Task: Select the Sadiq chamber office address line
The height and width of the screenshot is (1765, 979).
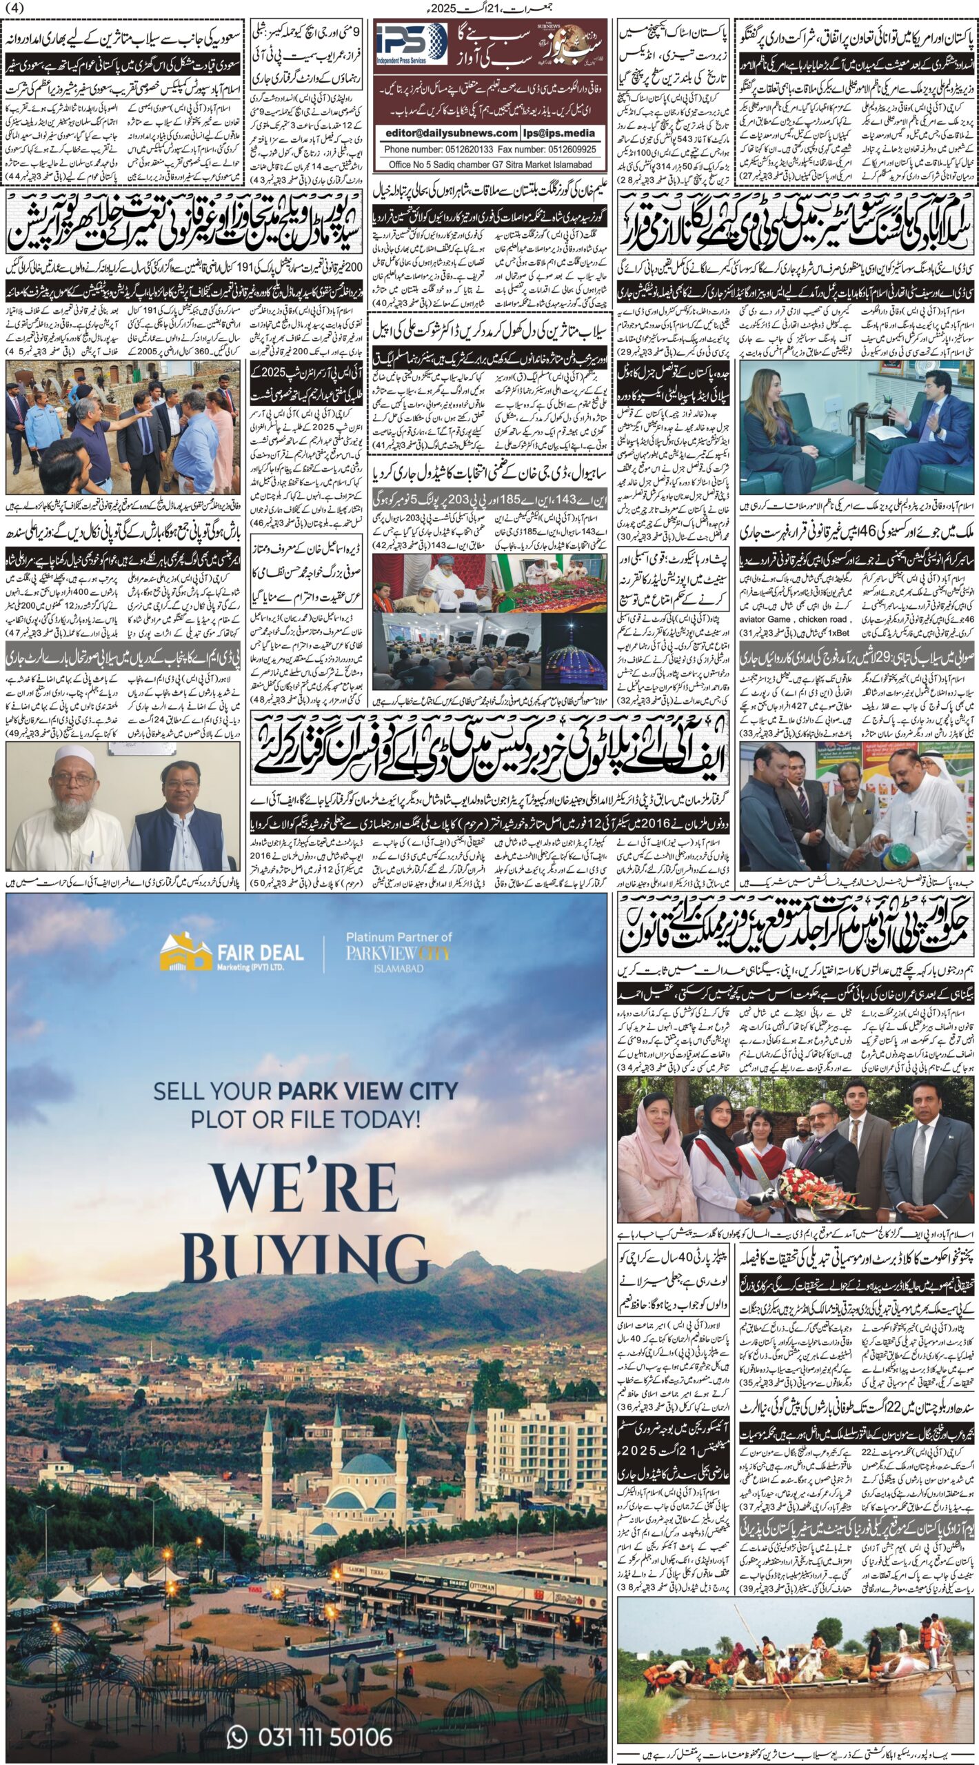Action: [x=489, y=165]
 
